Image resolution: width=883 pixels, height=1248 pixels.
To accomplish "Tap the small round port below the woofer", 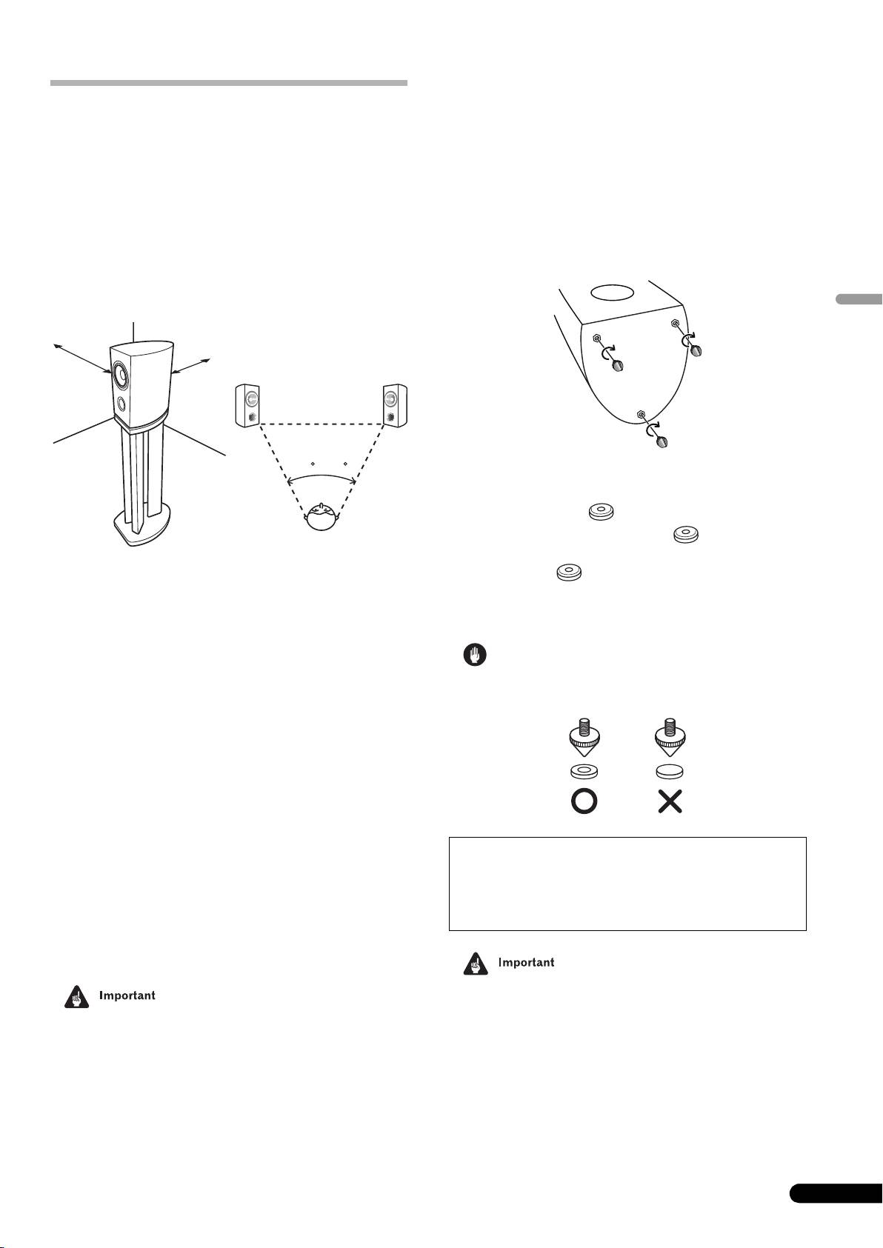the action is (x=121, y=404).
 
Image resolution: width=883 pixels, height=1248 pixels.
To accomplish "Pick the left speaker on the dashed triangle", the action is (x=247, y=405).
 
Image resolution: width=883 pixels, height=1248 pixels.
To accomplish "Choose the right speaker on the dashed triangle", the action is (x=393, y=405).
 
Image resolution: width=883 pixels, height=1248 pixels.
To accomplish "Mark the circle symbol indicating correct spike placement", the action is (x=583, y=802).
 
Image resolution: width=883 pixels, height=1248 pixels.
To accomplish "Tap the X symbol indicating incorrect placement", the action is (x=670, y=802).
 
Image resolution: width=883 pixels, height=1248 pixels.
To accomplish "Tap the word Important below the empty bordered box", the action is (x=526, y=963).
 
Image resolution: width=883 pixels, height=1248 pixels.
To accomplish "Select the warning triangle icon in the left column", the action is (x=75, y=997).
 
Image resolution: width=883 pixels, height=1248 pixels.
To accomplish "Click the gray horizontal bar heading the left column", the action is (x=228, y=83).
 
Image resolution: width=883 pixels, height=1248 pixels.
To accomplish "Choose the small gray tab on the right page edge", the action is (x=859, y=300).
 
